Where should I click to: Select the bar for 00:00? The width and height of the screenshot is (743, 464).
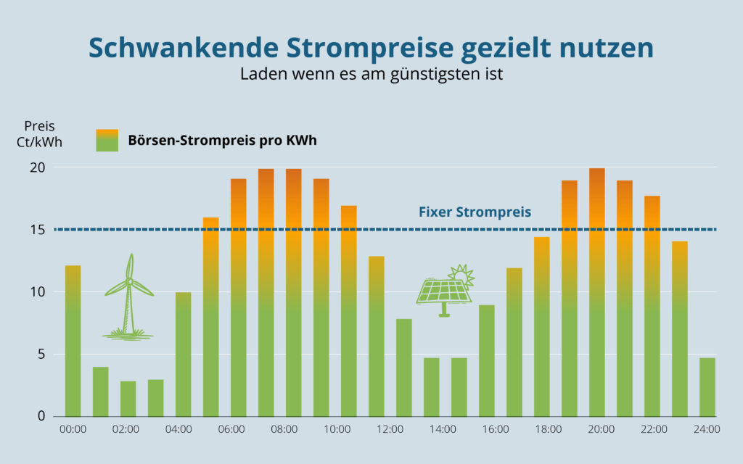point(73,341)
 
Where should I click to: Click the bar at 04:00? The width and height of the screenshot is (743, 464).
point(184,355)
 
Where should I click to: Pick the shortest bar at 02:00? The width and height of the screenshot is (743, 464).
point(128,399)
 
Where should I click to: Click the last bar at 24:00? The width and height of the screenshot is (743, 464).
point(707,387)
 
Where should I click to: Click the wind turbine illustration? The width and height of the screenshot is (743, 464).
point(129,297)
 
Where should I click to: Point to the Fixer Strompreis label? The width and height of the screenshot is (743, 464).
point(475,213)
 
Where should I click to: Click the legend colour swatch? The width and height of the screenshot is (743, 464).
point(107,140)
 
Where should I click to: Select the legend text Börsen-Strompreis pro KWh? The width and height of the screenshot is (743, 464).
point(223,141)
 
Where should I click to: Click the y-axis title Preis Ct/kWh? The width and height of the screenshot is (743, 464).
point(39,134)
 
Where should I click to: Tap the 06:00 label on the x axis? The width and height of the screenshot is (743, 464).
point(231,429)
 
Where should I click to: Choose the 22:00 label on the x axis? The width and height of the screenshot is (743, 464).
point(654,429)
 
